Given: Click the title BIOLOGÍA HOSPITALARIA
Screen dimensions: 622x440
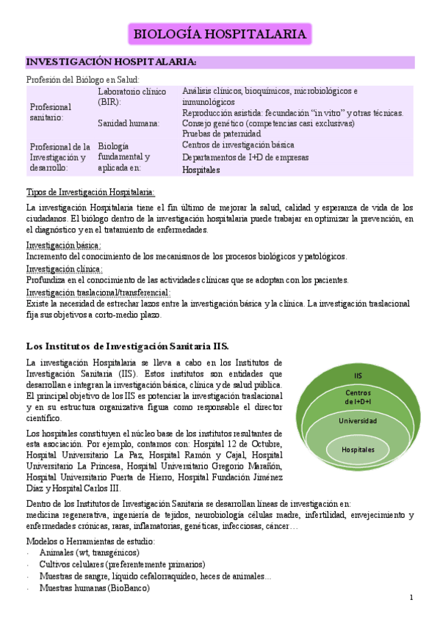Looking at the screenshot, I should [x=220, y=34].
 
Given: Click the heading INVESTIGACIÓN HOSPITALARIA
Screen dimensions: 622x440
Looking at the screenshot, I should [x=111, y=62].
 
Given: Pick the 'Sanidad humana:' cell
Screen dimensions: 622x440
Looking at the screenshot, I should [x=129, y=123].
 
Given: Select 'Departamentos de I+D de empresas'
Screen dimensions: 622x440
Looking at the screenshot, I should [x=245, y=157].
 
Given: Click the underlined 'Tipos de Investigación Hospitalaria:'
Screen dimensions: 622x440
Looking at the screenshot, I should [x=90, y=192].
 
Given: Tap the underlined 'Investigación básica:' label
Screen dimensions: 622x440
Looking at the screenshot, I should [x=63, y=245].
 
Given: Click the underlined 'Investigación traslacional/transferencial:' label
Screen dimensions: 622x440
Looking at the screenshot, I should [x=98, y=292].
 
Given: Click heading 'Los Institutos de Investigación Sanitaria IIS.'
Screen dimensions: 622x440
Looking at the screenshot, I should [x=127, y=345].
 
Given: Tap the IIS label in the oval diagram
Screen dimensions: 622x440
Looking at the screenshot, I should [x=358, y=376].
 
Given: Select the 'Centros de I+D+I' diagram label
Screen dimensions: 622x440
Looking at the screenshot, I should [x=358, y=398].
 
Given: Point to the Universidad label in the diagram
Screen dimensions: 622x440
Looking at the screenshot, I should [x=358, y=421].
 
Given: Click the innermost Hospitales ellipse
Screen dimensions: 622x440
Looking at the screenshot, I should [x=358, y=449].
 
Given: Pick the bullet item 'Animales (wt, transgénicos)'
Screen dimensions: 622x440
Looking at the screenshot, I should [x=89, y=552].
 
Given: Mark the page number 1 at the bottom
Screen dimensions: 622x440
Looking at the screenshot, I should [x=412, y=599].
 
